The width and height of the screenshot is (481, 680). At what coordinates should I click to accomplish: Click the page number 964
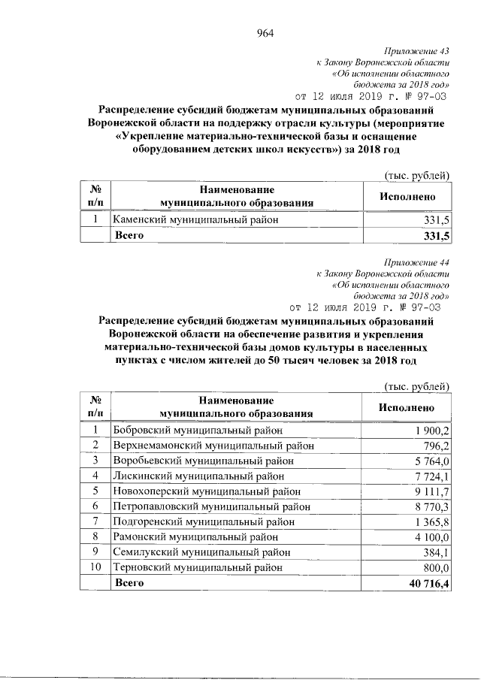[265, 32]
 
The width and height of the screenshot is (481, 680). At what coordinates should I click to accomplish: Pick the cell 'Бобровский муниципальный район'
[198, 430]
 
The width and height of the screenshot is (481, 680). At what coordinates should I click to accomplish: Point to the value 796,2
[434, 446]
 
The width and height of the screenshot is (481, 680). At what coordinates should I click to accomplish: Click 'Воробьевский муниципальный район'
[202, 461]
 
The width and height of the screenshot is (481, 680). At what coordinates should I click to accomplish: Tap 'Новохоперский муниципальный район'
[205, 491]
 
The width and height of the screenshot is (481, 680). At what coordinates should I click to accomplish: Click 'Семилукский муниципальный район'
[201, 552]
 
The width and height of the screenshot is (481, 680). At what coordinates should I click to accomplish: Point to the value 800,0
[434, 567]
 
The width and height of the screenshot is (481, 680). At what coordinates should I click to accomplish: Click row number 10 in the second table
[95, 567]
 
